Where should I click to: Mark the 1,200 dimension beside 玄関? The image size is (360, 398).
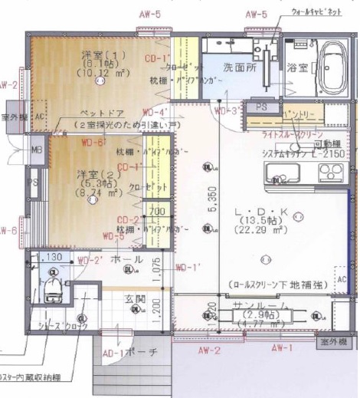click(157, 308)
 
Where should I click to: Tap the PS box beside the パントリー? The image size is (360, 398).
click(260, 107)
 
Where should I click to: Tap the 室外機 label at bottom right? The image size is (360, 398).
click(334, 340)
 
